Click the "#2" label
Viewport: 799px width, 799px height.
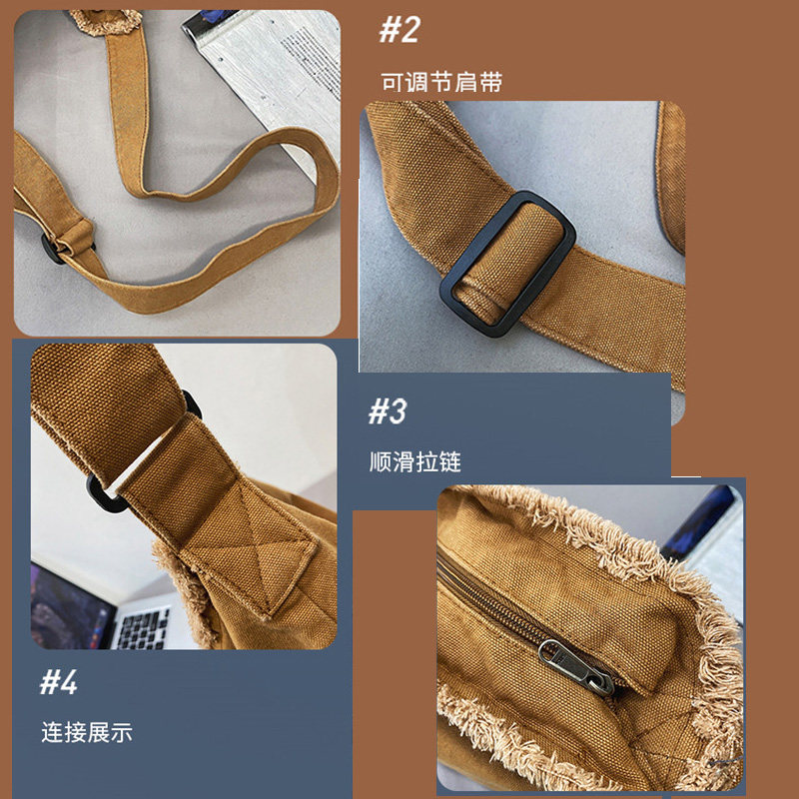pos(399,30)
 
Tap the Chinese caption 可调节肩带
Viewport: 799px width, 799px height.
pos(440,82)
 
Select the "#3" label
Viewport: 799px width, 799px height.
pos(390,410)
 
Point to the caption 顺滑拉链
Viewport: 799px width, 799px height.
pos(414,462)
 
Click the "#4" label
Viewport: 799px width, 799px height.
pos(59,683)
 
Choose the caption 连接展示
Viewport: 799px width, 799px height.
pos(86,732)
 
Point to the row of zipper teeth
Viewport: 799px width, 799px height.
pos(499,599)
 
